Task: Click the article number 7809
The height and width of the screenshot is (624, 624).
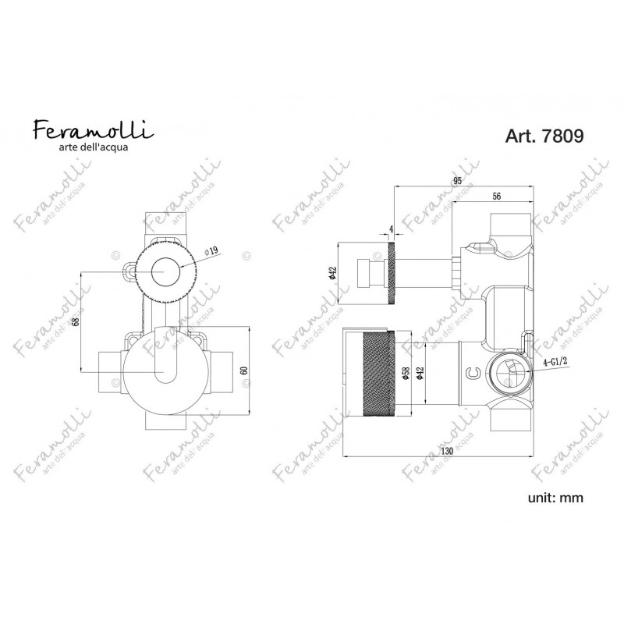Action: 562,136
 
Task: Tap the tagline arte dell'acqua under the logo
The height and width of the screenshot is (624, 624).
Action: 94,147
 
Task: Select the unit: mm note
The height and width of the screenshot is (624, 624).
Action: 555,498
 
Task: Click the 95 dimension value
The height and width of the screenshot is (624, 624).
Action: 457,181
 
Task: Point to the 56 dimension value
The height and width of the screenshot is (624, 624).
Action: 496,197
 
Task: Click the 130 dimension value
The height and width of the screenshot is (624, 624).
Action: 447,452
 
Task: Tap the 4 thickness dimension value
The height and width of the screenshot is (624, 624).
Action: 392,229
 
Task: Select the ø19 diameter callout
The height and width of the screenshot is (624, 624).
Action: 211,251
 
